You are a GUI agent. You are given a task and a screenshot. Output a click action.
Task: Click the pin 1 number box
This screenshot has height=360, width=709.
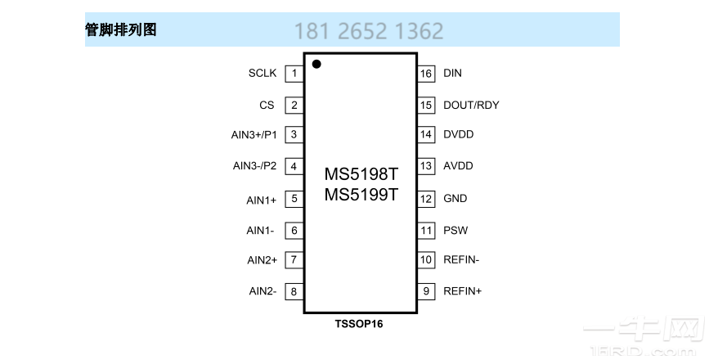click(293, 74)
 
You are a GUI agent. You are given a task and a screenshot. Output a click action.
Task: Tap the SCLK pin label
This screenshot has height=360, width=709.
click(263, 74)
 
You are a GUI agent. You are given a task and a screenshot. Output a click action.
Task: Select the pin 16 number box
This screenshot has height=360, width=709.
click(426, 74)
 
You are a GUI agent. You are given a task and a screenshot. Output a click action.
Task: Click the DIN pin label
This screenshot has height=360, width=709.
click(452, 74)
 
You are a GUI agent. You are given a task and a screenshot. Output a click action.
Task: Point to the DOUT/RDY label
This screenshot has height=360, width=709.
click(471, 105)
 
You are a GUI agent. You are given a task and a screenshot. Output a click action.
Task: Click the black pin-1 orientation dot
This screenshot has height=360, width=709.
click(316, 64)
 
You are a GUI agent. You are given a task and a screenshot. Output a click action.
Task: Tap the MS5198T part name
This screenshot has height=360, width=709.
click(361, 175)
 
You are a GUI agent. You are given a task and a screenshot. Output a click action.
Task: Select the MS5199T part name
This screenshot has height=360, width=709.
click(361, 195)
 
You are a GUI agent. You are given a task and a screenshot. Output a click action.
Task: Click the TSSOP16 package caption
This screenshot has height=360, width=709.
click(358, 324)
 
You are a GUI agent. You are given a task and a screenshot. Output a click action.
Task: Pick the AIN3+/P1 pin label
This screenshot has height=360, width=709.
click(254, 135)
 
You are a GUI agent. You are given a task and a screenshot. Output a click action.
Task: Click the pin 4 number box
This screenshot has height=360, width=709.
click(293, 167)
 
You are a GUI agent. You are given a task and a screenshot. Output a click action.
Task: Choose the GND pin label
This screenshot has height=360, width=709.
click(455, 199)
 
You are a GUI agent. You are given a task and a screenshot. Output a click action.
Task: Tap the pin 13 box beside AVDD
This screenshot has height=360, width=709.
click(426, 166)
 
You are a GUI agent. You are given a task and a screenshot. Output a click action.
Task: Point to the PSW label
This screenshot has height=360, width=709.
click(455, 231)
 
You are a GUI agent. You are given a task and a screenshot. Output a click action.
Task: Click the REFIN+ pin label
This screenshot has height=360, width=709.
click(462, 290)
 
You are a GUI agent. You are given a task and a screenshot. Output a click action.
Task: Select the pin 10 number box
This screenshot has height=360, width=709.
click(426, 260)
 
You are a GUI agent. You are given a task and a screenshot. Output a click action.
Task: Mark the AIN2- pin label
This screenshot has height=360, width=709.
click(263, 290)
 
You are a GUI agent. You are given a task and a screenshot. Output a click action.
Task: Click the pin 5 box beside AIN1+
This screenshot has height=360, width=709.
click(293, 199)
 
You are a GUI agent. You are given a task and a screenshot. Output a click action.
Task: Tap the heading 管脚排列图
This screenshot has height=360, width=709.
click(121, 30)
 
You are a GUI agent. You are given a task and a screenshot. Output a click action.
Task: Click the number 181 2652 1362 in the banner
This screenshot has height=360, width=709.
click(369, 31)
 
